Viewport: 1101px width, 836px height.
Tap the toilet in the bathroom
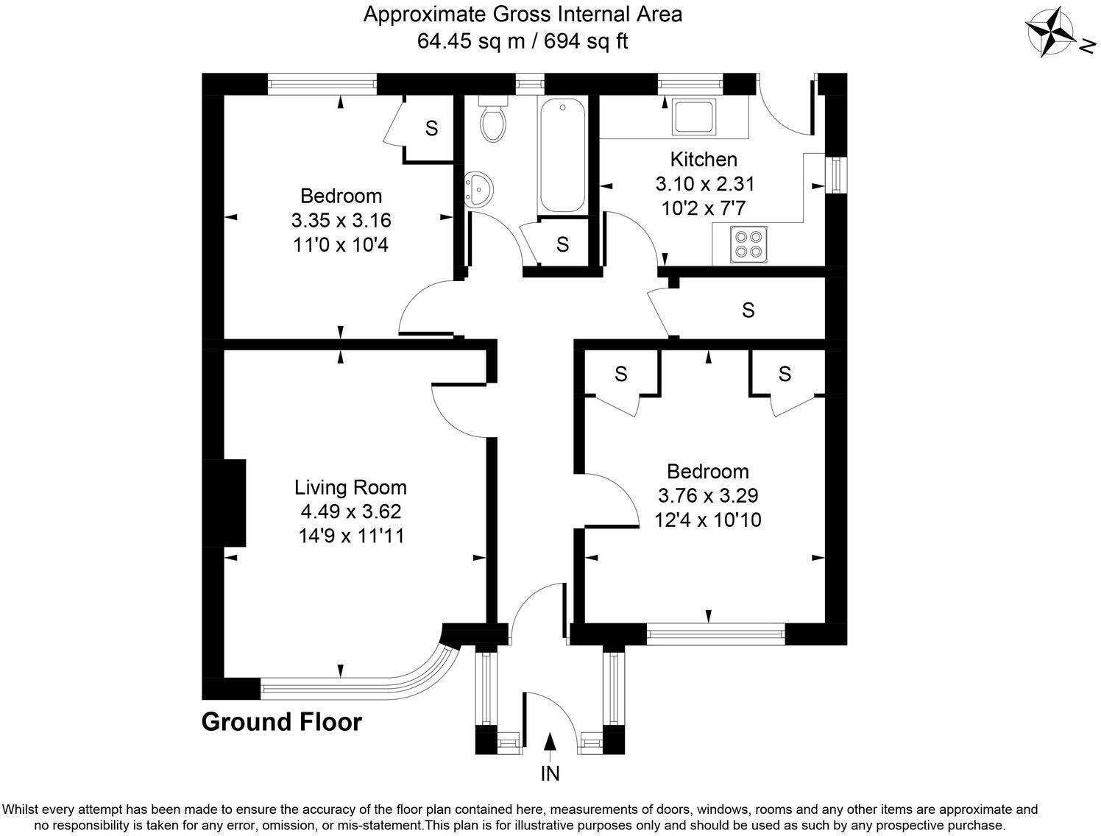(492, 119)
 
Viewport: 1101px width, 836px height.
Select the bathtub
(563, 156)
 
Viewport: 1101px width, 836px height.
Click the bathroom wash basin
(478, 190)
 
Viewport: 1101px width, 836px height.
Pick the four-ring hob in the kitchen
(747, 244)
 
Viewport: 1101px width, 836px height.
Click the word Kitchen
(703, 159)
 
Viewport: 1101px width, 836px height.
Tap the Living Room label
(350, 487)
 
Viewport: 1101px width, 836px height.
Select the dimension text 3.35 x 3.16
(341, 220)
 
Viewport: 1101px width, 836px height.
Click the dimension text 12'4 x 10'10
(707, 520)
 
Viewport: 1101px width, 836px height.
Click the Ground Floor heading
(282, 722)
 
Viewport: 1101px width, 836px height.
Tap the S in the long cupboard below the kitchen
(748, 310)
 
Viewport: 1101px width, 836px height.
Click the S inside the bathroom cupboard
(562, 244)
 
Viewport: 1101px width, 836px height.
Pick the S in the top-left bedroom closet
(431, 128)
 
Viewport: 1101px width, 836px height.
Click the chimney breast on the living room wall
(234, 503)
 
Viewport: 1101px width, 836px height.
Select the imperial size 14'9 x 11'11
(350, 535)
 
